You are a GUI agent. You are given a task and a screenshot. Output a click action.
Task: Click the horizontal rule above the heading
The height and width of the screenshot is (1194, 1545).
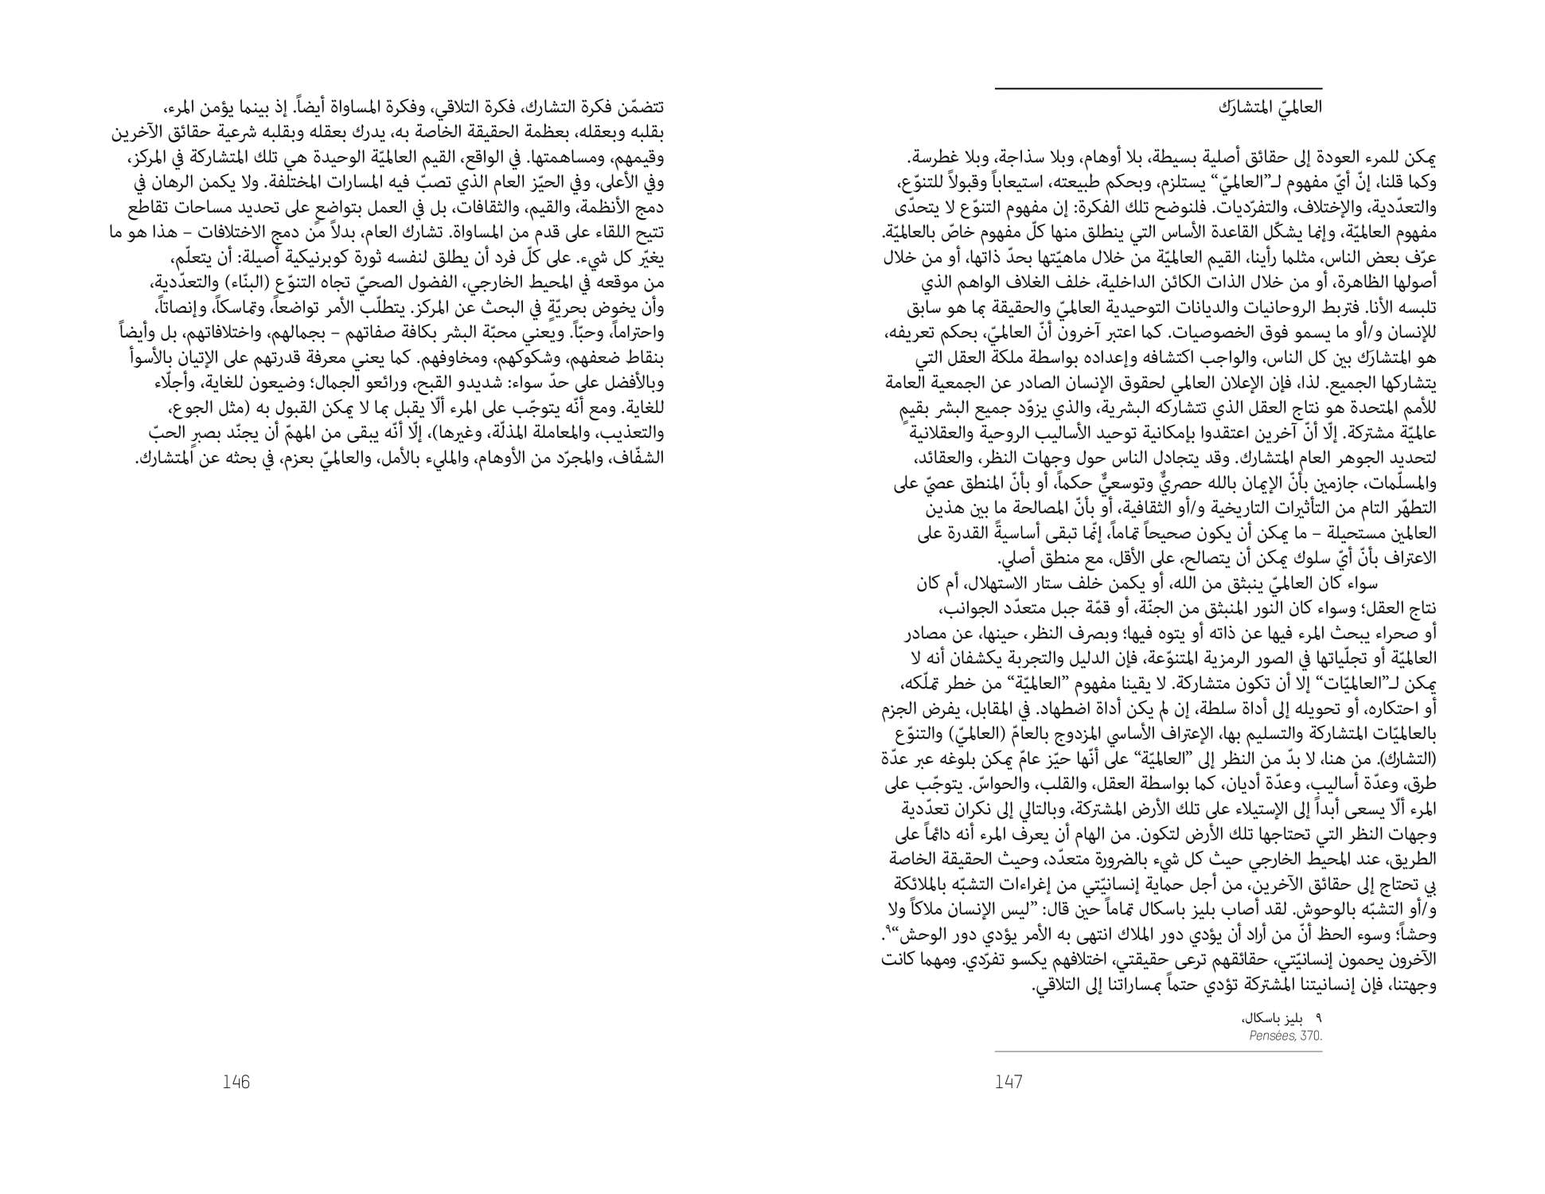pos(1158,88)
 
